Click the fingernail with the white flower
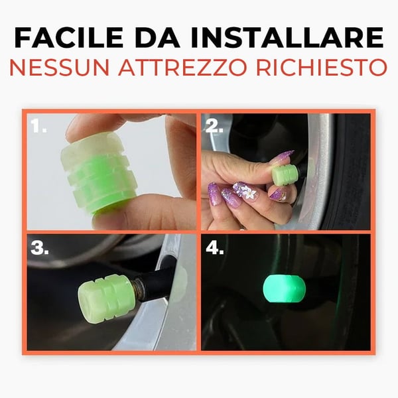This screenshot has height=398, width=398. tap(247, 192)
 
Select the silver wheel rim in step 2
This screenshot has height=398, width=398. tap(318, 159)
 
